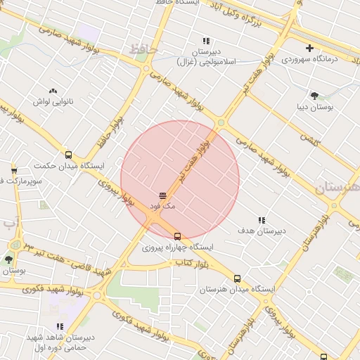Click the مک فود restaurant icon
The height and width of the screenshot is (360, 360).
(x=162, y=194)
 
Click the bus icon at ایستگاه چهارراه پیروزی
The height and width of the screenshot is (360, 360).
(x=177, y=236)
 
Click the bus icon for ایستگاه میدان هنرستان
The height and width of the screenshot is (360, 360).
(x=237, y=278)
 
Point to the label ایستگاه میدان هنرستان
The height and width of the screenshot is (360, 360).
(x=237, y=290)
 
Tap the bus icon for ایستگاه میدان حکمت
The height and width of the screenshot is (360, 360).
(x=68, y=155)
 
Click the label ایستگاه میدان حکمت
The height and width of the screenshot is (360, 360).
(x=68, y=167)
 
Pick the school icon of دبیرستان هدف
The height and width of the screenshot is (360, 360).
(x=262, y=220)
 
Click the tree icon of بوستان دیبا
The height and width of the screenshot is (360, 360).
(x=314, y=96)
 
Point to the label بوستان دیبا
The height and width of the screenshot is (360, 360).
(x=314, y=107)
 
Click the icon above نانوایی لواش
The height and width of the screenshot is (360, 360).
(x=53, y=90)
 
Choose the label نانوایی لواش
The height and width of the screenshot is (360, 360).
(x=53, y=101)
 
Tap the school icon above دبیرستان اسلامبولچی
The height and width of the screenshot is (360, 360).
(x=206, y=41)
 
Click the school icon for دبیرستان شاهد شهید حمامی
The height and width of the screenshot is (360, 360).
(x=60, y=326)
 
